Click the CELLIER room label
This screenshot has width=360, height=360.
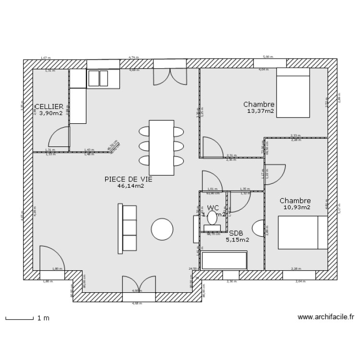pos(49,107)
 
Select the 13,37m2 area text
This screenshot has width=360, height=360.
pos(261,111)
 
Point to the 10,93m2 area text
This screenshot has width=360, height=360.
pos(296,207)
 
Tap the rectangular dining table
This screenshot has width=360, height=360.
pos(161,147)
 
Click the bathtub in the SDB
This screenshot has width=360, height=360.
pos(224,261)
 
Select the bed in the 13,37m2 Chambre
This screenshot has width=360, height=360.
pos(293,92)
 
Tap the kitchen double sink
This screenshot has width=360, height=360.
pos(98,78)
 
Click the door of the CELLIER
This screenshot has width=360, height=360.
pos(60,137)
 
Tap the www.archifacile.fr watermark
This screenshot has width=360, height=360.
pos(326,317)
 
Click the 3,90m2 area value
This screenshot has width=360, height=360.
pos(51,114)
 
